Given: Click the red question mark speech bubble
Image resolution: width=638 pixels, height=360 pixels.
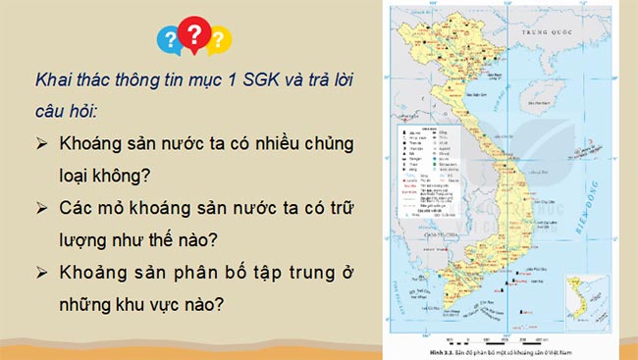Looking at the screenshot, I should [195, 35].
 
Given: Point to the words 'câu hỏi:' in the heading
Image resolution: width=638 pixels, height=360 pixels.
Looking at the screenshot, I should [71, 110].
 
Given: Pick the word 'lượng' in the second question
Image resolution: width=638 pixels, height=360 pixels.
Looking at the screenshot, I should [85, 240].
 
